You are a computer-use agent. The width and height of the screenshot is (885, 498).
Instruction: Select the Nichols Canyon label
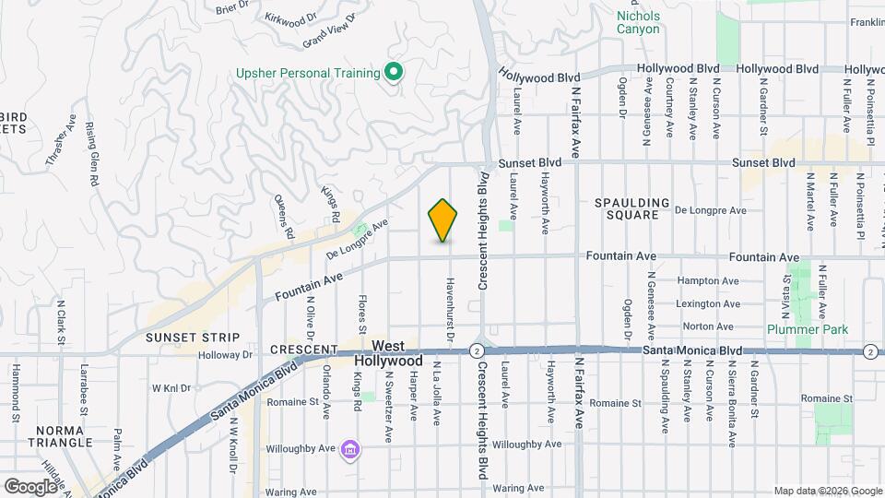click(x=638, y=22)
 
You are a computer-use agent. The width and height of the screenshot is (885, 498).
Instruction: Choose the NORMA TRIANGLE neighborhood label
click(x=65, y=436)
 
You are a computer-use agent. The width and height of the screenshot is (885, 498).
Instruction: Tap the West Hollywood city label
click(x=397, y=353)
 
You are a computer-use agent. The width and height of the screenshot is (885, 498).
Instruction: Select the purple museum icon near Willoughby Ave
click(x=349, y=450)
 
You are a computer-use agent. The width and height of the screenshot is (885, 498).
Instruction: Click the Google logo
click(x=29, y=486)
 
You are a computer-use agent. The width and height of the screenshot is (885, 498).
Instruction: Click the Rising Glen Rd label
click(x=91, y=154)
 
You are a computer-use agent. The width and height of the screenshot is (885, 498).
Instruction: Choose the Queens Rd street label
click(x=282, y=216)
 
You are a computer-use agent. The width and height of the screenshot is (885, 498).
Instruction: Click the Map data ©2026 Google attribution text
click(x=827, y=491)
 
